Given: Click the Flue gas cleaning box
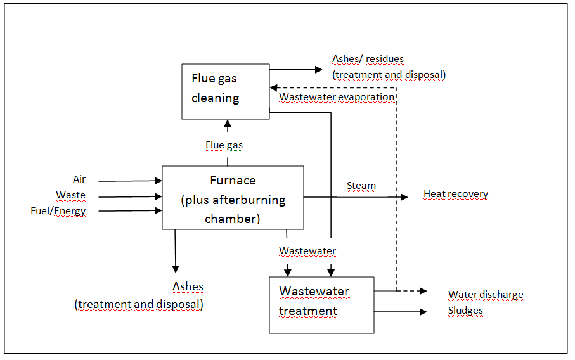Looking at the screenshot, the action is click(226, 92).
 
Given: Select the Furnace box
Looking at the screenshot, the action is click(233, 198).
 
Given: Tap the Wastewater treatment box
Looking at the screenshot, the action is click(321, 305).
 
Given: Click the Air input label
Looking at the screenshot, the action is click(79, 179).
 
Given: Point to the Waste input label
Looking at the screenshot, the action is click(71, 195).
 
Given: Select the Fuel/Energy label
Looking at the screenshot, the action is click(58, 211).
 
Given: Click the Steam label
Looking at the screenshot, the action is click(361, 186).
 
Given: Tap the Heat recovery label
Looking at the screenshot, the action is click(456, 194).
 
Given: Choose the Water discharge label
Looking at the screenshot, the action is click(486, 295).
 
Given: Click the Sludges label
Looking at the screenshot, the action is click(465, 311).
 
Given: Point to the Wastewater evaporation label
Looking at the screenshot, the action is click(337, 97).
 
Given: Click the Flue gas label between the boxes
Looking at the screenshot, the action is click(224, 145).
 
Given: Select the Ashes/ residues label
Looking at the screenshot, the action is click(368, 59).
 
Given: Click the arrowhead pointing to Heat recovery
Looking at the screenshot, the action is click(404, 197).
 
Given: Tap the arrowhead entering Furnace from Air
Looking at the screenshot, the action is click(158, 181).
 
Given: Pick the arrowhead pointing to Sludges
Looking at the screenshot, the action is click(423, 312).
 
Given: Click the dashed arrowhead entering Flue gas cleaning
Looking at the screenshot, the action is click(274, 88).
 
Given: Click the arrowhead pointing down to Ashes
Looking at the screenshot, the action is click(176, 269).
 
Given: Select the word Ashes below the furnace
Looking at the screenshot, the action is click(188, 286).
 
